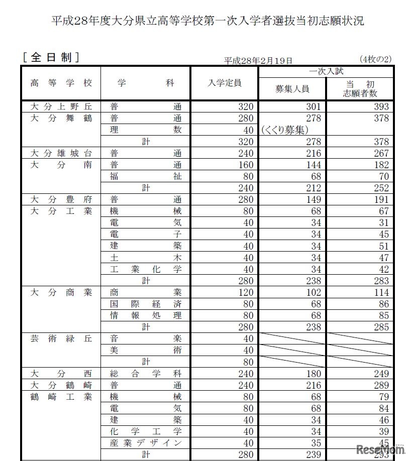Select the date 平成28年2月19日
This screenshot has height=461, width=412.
pos(258,60)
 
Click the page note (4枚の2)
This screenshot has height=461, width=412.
pos(375,59)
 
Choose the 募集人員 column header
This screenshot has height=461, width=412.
pos(292,89)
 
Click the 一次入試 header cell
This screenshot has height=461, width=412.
pos(326,72)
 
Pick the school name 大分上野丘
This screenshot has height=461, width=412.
pos(61,106)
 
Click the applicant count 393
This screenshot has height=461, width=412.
pos(381,106)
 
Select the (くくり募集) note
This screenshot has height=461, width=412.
pos(284,130)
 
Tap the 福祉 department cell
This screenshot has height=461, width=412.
pos(146,176)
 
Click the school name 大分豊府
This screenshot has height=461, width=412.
pos(61,199)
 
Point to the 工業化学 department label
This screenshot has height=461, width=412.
pos(146,269)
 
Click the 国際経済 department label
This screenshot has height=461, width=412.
pos(146,304)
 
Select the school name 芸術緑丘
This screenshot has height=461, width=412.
pos(61,338)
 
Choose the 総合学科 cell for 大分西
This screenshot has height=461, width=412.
pos(146,374)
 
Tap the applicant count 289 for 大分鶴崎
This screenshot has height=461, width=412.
pos(381,385)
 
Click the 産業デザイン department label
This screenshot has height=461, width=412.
pos(146,443)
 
